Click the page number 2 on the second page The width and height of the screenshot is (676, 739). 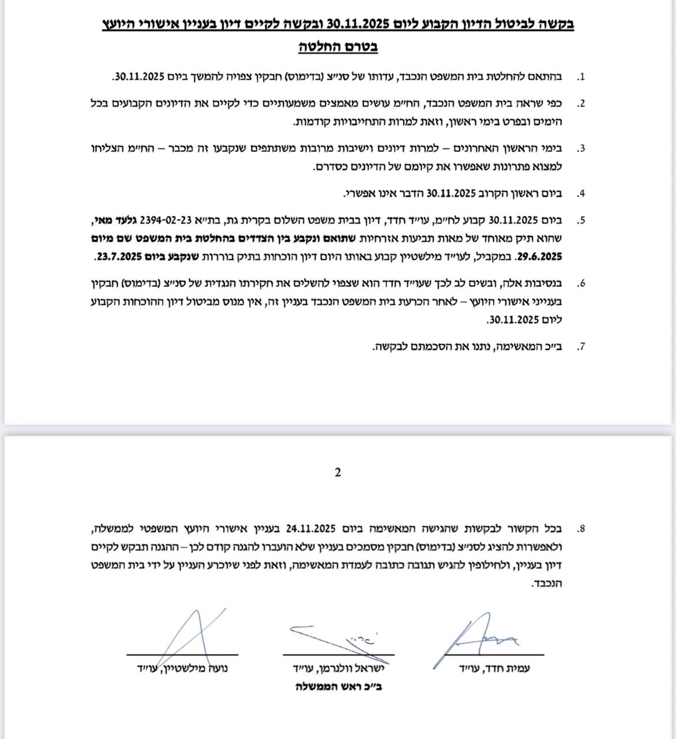click(337, 472)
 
